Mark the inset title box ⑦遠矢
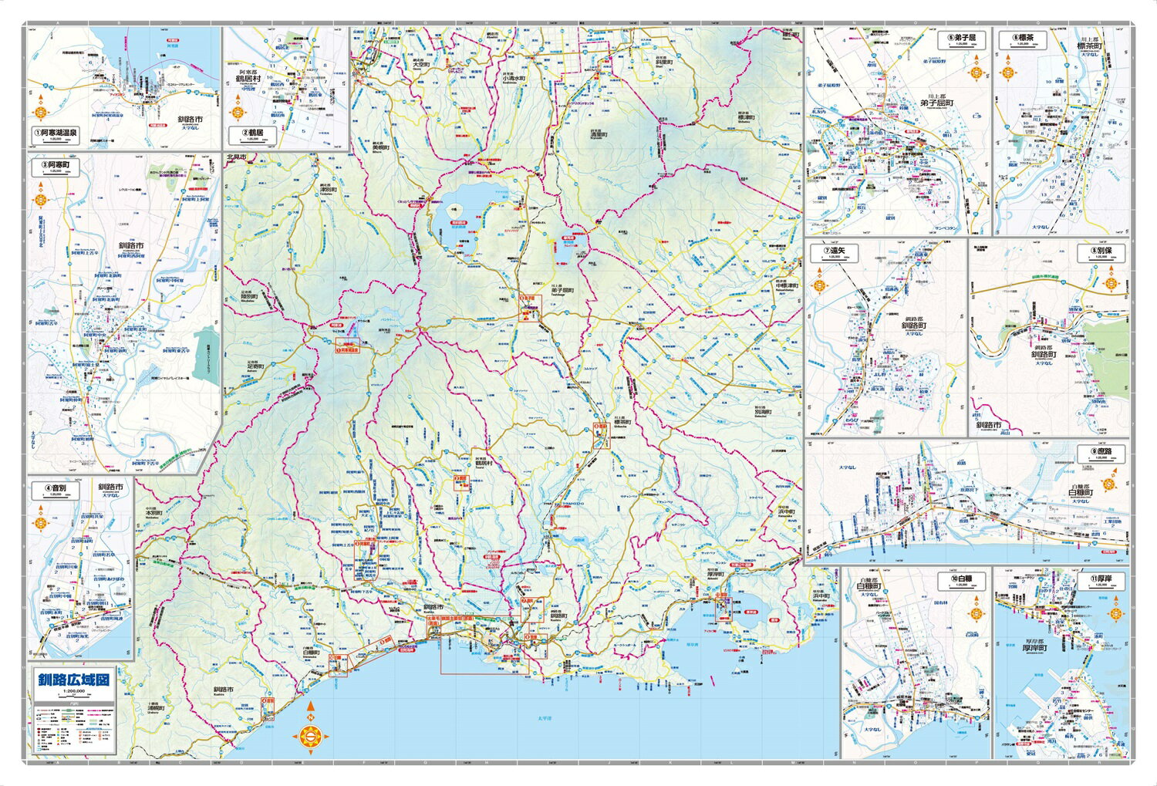pos(834,251)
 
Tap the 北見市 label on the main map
pos(236,157)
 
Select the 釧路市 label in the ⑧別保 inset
pos(988,425)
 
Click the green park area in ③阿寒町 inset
pos(206,352)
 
